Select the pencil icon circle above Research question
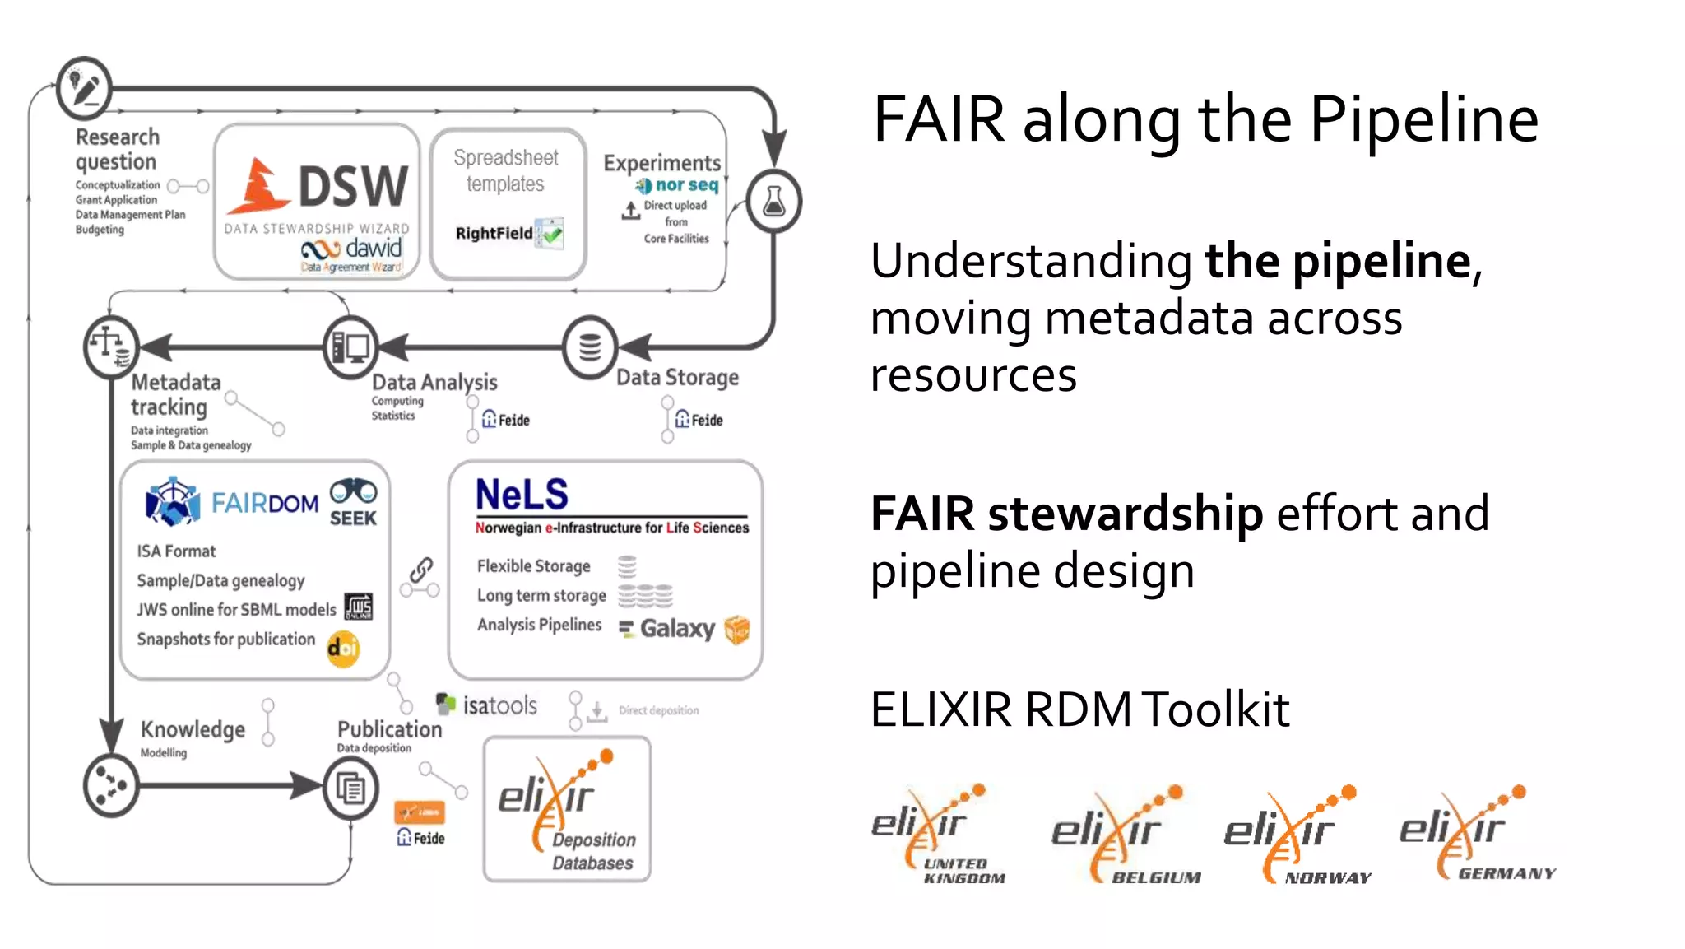tap(84, 87)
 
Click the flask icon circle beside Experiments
tap(773, 201)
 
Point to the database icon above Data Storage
tap(590, 347)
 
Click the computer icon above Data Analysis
tap(350, 347)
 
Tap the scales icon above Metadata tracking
tap(110, 347)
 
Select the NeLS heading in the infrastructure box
tap(522, 495)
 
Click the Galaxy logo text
tap(676, 629)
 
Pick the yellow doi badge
tap(343, 649)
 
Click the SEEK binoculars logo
tap(353, 502)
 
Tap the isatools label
tap(499, 705)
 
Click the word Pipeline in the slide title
tap(1423, 120)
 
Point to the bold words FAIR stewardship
tap(1066, 514)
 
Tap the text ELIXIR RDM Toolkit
tap(1079, 709)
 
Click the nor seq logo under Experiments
tap(678, 185)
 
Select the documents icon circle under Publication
tap(350, 788)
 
